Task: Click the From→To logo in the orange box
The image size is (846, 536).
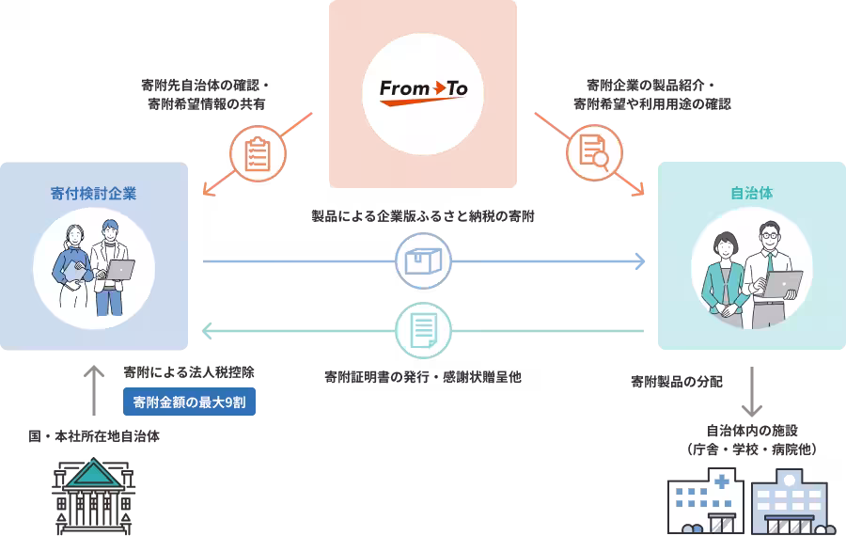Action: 423,91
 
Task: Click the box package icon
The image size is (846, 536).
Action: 423,260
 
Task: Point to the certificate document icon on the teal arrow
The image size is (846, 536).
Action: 423,330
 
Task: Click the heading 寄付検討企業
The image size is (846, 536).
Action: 93,194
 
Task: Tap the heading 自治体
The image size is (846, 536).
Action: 751,194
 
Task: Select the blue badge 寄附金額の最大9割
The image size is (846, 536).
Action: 189,402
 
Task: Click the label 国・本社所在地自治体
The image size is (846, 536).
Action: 93,436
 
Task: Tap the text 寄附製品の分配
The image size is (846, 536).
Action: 677,382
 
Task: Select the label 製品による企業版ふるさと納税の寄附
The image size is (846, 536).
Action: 423,216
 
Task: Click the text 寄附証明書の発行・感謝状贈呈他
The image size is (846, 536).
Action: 423,376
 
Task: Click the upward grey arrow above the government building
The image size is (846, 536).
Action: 93,389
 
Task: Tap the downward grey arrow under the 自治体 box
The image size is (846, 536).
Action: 751,392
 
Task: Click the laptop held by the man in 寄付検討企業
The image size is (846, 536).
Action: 119,270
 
